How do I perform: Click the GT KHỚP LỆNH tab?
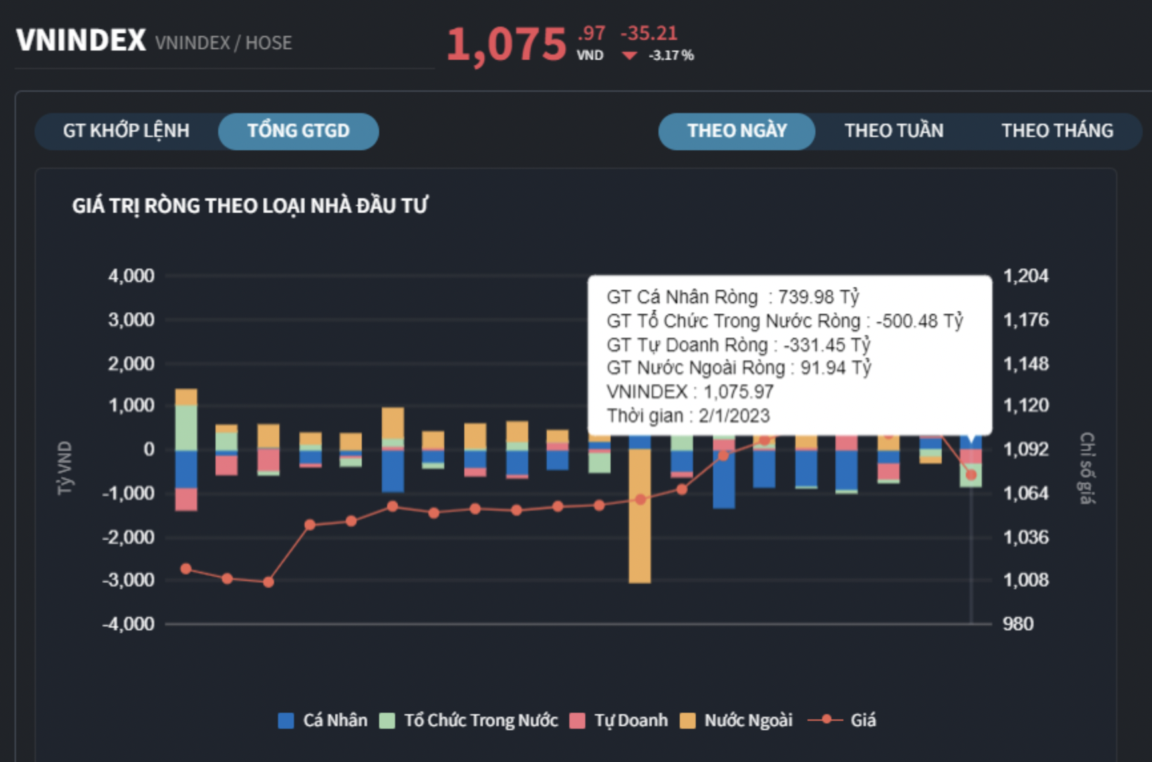pos(126,131)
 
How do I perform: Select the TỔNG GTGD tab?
pos(298,131)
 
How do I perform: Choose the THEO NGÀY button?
pos(737,131)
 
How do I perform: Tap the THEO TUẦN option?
pos(894,131)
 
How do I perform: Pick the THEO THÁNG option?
pos(1057,131)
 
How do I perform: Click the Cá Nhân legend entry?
pos(323,720)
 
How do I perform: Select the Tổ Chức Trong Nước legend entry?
pos(469,720)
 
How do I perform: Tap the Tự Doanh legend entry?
pos(620,720)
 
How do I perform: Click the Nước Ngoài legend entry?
pos(737,720)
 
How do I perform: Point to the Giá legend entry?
pos(843,720)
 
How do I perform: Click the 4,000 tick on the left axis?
pos(131,276)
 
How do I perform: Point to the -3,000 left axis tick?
pos(128,580)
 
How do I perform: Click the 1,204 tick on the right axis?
pos(1026,276)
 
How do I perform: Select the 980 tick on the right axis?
pos(1018,624)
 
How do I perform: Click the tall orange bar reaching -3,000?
pos(640,519)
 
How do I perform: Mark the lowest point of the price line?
pos(268,582)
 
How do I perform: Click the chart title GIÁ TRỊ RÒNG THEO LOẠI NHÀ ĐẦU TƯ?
pos(250,206)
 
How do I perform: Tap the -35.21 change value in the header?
pos(648,33)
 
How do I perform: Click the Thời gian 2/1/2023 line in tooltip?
pos(688,416)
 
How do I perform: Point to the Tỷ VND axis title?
pos(65,467)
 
